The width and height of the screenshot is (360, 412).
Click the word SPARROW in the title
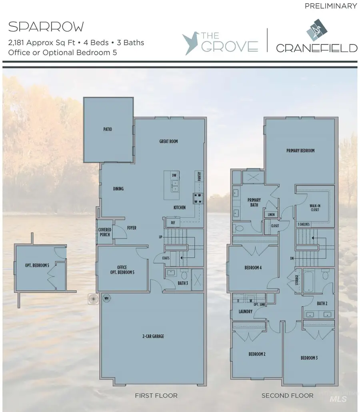[46, 27]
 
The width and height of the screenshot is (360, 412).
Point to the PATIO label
[107, 130]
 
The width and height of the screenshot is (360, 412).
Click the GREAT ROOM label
[168, 141]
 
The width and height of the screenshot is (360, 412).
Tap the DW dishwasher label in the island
[174, 175]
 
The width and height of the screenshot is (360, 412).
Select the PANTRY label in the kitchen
[198, 176]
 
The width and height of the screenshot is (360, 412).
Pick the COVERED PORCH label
[105, 232]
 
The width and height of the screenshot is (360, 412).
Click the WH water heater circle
[107, 298]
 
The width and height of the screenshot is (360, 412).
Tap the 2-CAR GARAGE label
[152, 336]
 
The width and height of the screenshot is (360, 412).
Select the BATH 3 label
[183, 283]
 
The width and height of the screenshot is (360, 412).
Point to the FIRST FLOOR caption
[156, 396]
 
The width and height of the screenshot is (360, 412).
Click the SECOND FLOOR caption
[287, 396]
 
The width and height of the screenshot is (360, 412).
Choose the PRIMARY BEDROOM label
[300, 151]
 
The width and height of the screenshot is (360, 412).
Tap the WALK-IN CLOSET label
[315, 208]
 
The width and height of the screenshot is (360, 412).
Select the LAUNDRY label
[245, 311]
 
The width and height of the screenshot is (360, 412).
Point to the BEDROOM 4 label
[253, 268]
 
